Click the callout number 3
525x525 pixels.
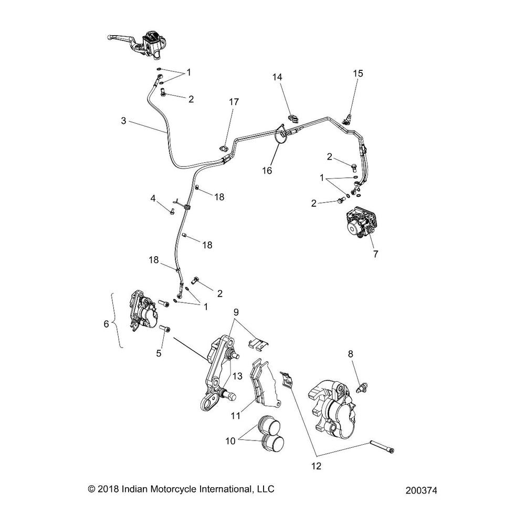pyautogui.click(x=123, y=121)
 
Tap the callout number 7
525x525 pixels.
pyautogui.click(x=375, y=254)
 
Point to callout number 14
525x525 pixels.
pyautogui.click(x=277, y=77)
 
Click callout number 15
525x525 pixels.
pyautogui.click(x=358, y=73)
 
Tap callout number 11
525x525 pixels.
pyautogui.click(x=236, y=415)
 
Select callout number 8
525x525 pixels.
pyautogui.click(x=351, y=354)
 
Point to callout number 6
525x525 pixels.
pyautogui.click(x=106, y=324)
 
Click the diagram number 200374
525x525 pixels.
pyautogui.click(x=421, y=490)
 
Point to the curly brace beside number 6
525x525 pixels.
pyautogui.click(x=118, y=320)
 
